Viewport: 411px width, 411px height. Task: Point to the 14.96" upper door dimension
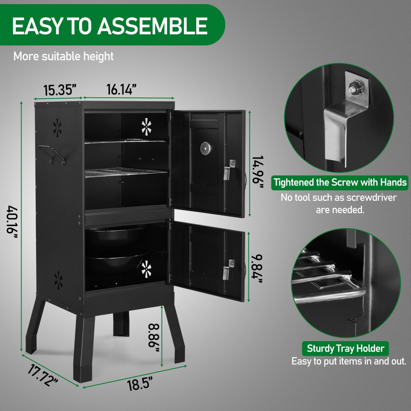[x=258, y=172]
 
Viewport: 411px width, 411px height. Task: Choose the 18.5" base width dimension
[x=139, y=383]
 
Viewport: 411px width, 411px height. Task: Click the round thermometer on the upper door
[x=205, y=148]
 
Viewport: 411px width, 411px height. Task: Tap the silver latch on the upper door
[x=228, y=170]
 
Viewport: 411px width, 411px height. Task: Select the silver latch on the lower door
[x=228, y=270]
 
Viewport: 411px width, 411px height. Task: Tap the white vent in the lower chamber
[x=146, y=268]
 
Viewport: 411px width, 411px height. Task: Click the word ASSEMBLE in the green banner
[x=152, y=26]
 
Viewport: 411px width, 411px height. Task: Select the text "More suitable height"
[x=63, y=56]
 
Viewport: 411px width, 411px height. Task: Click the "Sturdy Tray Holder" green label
[x=346, y=349]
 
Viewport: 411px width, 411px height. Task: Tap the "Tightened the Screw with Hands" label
[x=340, y=182]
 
